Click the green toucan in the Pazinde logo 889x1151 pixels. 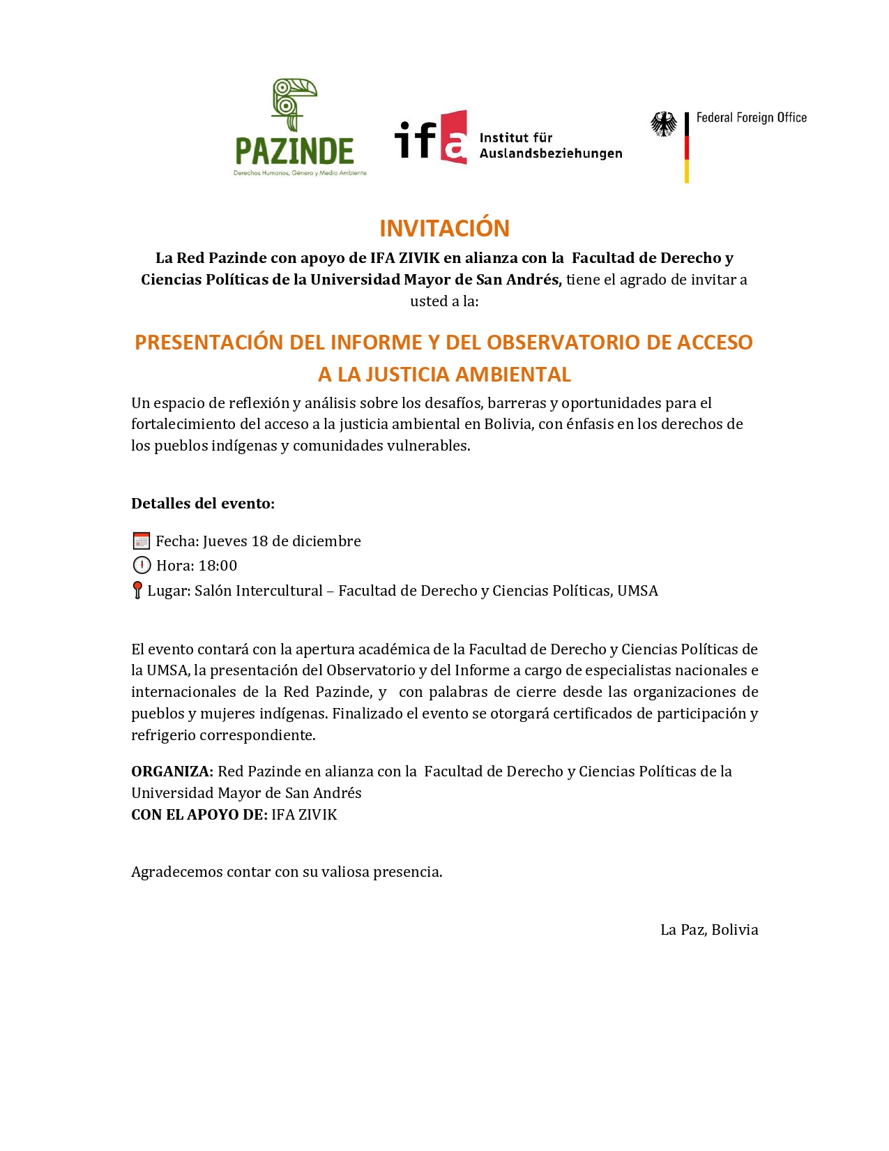tap(293, 103)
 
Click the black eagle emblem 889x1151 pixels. tap(663, 124)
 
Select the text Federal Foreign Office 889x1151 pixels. tap(751, 118)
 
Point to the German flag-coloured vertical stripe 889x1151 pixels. tap(687, 148)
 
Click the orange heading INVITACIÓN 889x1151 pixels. tap(444, 228)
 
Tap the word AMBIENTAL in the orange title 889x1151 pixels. tap(514, 375)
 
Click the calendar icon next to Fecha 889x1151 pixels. tap(141, 541)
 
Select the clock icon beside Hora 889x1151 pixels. tap(141, 566)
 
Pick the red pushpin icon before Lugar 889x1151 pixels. tap(137, 590)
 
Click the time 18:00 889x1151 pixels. tap(218, 566)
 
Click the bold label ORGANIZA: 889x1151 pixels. tap(172, 772)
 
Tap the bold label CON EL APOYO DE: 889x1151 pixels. tap(199, 815)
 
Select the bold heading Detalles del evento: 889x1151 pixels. tap(203, 504)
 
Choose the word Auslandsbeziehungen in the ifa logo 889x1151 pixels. tap(551, 153)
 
